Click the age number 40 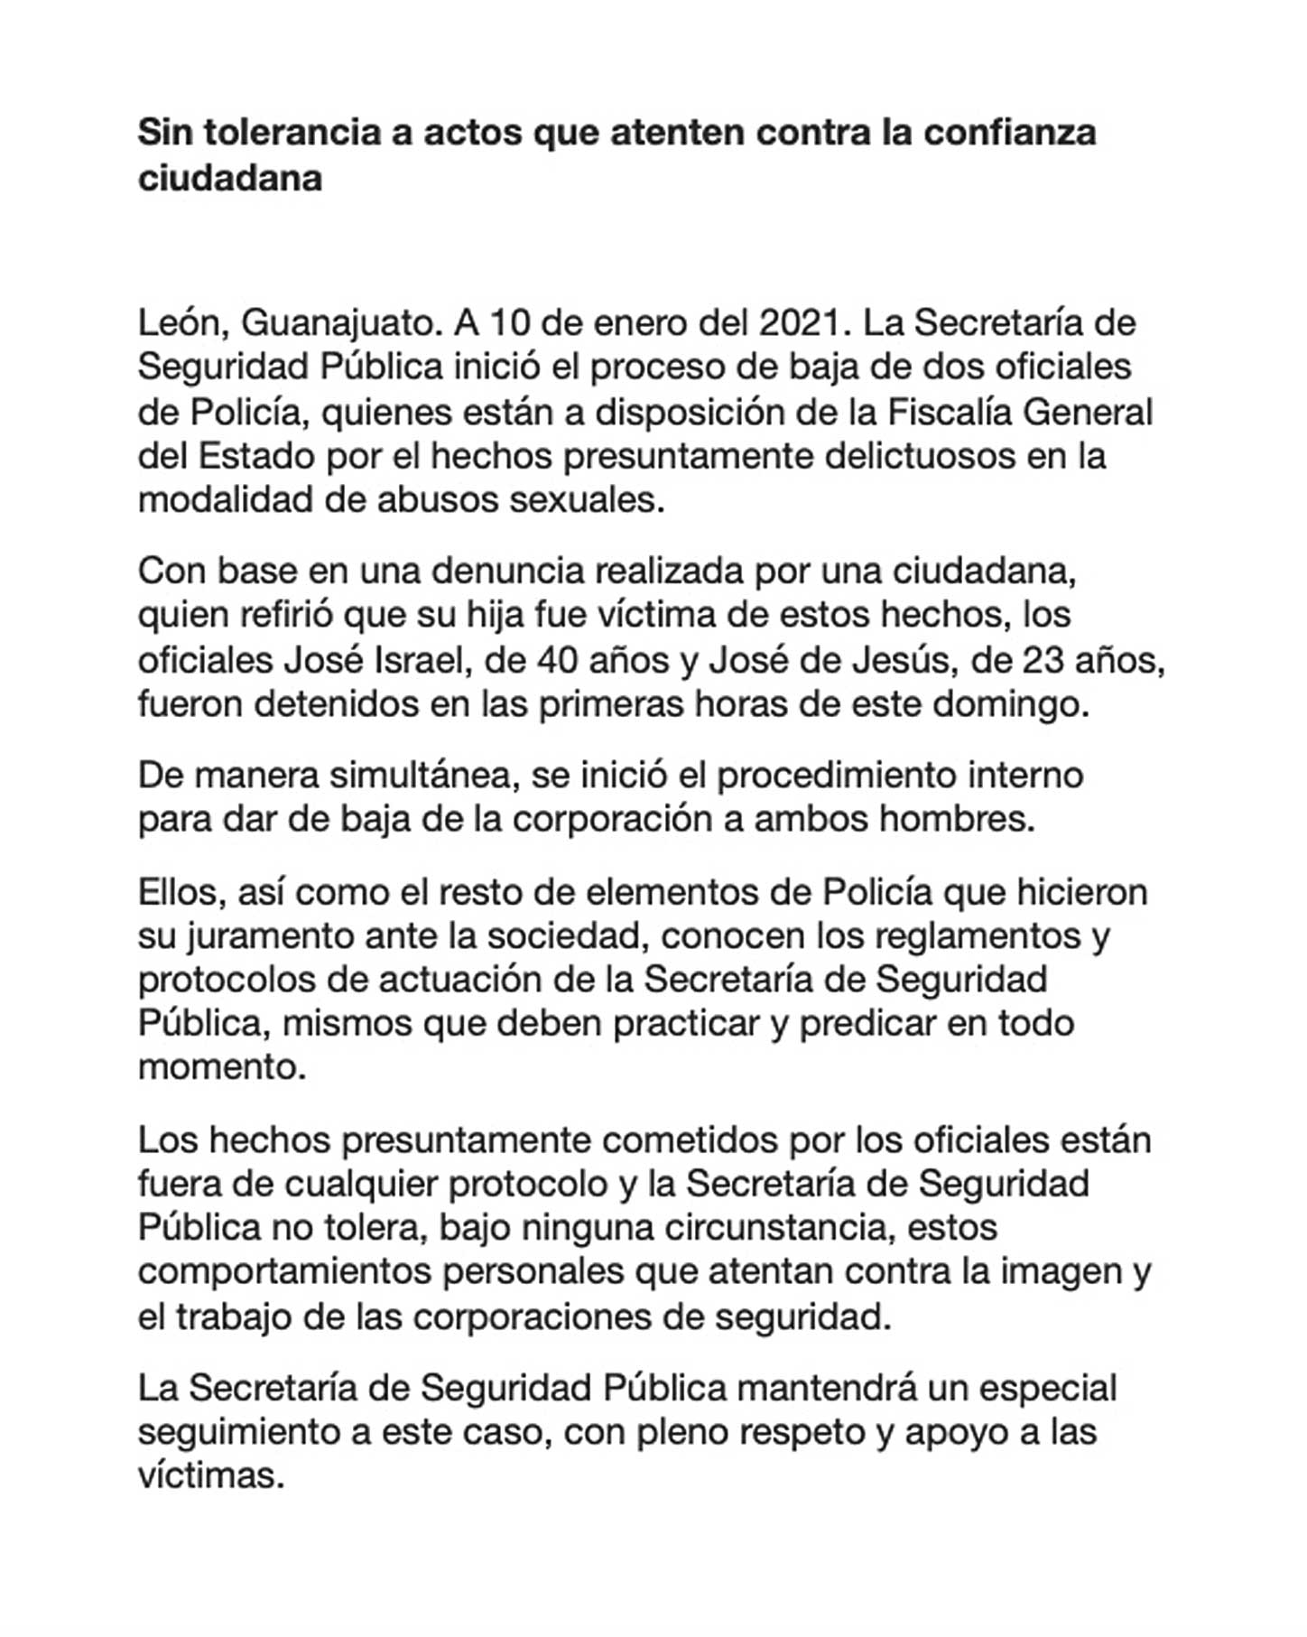tap(558, 661)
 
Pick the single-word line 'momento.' tap(222, 1068)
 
